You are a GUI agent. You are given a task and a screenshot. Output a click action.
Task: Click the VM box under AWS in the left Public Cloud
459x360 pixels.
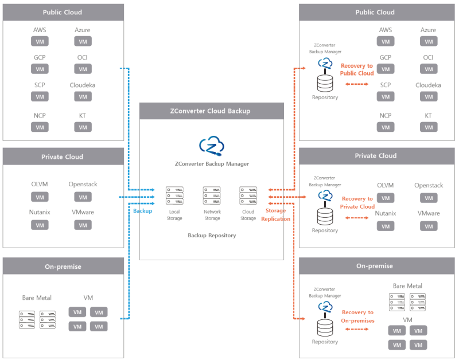(x=40, y=41)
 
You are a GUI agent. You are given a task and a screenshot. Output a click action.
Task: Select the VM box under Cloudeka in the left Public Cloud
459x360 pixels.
(x=83, y=96)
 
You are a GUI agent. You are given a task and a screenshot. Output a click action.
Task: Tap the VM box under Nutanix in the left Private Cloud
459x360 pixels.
(x=40, y=225)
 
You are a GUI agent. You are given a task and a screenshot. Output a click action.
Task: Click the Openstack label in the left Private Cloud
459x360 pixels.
(x=83, y=184)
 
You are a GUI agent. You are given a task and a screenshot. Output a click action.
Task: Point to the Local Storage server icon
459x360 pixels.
(x=175, y=195)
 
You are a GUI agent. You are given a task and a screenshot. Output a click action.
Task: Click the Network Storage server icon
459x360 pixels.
(x=212, y=195)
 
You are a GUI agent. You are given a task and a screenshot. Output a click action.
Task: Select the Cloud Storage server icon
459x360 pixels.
(x=248, y=195)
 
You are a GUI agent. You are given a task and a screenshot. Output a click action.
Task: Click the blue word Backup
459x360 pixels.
(x=142, y=211)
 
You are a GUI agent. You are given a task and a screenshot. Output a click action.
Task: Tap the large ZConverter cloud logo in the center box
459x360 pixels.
(x=212, y=146)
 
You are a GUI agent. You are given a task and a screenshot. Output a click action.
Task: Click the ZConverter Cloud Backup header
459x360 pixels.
(x=212, y=111)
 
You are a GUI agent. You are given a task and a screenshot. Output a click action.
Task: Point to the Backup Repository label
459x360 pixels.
(x=212, y=236)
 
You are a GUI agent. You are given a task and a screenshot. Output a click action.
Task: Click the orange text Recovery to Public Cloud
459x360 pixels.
(x=357, y=69)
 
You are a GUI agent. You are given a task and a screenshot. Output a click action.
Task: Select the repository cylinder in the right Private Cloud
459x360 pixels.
(x=325, y=217)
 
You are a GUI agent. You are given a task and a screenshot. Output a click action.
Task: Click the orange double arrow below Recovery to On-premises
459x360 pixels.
(x=356, y=329)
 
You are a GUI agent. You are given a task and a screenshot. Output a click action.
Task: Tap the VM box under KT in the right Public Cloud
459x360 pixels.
(x=429, y=127)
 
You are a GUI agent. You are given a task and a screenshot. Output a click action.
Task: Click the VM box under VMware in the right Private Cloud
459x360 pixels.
(x=429, y=226)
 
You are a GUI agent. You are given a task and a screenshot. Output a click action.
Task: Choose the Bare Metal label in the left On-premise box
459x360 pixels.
(x=37, y=298)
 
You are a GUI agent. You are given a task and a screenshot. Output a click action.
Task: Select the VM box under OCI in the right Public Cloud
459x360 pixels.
(x=429, y=69)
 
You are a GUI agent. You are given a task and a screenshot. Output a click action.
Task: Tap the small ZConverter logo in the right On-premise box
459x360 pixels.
(x=325, y=307)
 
